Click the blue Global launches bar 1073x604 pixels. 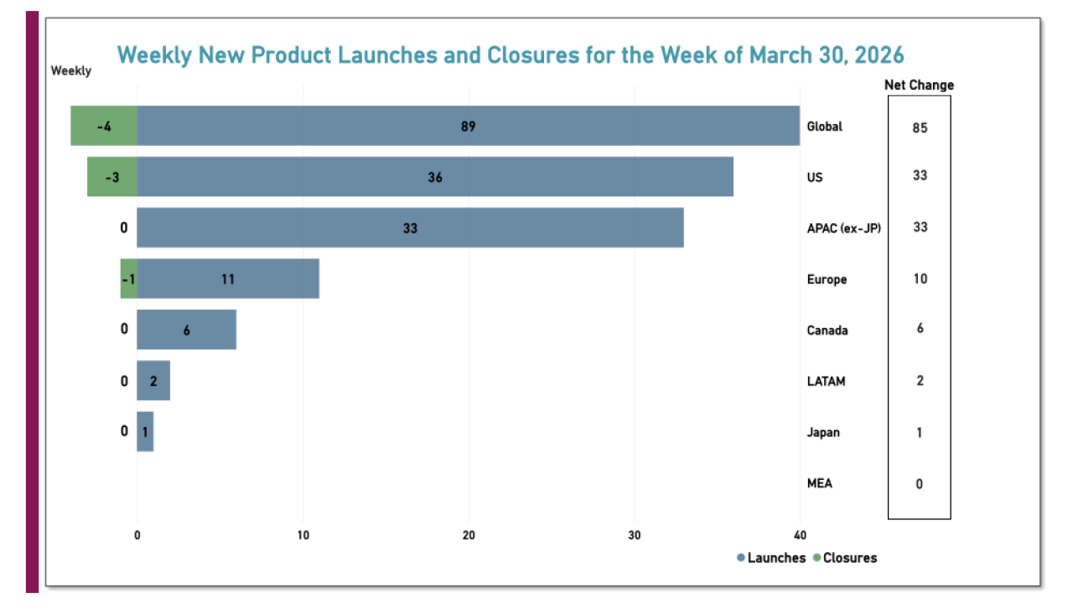(468, 126)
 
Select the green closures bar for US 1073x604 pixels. (111, 177)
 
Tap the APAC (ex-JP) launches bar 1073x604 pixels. (410, 228)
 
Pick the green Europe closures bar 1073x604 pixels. (128, 279)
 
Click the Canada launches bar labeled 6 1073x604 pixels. (186, 330)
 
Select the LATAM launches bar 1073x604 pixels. (153, 381)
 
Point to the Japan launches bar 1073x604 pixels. (145, 432)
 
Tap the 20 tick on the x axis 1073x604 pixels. (469, 536)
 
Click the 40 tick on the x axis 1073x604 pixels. (800, 536)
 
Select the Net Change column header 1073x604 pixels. (919, 85)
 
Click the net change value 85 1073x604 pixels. (920, 128)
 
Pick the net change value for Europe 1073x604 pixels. (920, 279)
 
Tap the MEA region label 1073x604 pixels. (819, 483)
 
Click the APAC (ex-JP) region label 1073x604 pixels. (843, 227)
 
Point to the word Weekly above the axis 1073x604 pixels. (71, 70)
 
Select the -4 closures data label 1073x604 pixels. (104, 127)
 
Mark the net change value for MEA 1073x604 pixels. (920, 484)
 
